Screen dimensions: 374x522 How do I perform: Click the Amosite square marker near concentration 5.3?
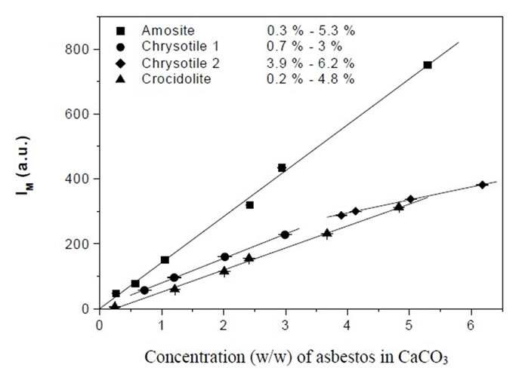(428, 65)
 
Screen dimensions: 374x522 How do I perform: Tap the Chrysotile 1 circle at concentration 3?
(285, 235)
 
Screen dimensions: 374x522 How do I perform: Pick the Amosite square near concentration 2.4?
(250, 204)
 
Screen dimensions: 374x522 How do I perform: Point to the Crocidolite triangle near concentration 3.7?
(327, 233)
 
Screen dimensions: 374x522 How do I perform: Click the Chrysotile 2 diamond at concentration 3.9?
(341, 215)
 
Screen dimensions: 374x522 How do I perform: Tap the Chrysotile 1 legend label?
(176, 47)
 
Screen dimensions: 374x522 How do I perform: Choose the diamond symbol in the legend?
(121, 63)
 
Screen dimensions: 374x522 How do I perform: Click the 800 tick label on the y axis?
(79, 49)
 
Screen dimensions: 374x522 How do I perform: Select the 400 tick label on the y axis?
(79, 179)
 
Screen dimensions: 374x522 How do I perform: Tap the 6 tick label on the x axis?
(471, 326)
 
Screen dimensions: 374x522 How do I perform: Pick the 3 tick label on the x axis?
(285, 326)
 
